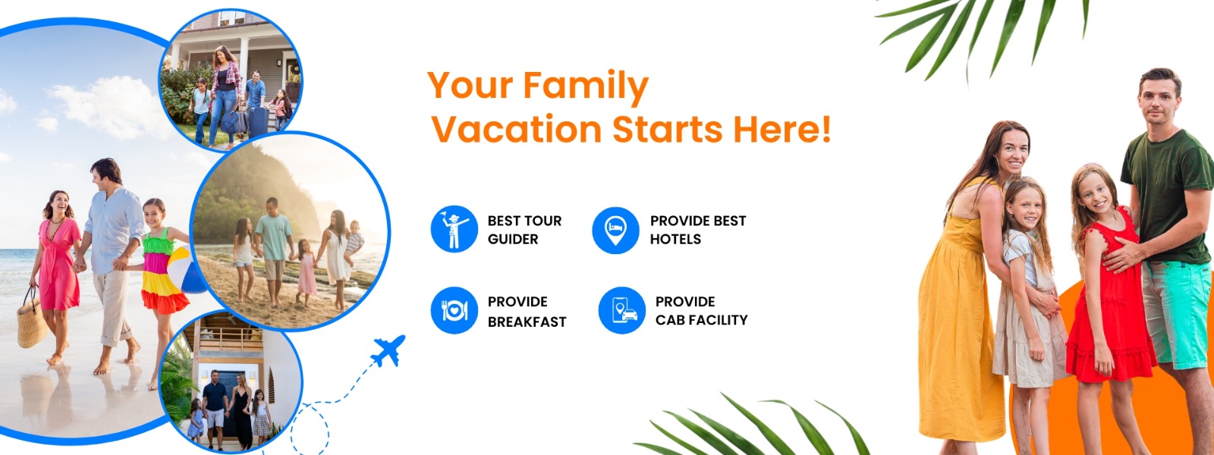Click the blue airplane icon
[388, 351]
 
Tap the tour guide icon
[454, 229]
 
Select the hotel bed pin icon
[615, 230]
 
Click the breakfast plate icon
[454, 310]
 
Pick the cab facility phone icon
[621, 310]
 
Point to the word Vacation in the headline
[516, 130]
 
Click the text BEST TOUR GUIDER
[524, 230]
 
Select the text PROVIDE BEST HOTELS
[697, 230]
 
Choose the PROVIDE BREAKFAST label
[527, 312]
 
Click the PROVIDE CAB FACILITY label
[701, 311]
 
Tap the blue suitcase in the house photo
[259, 121]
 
